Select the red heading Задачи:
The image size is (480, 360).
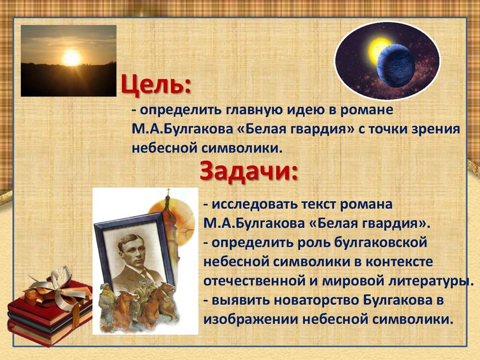click(248, 171)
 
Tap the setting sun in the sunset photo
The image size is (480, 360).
click(71, 58)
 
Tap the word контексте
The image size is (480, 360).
click(402, 262)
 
